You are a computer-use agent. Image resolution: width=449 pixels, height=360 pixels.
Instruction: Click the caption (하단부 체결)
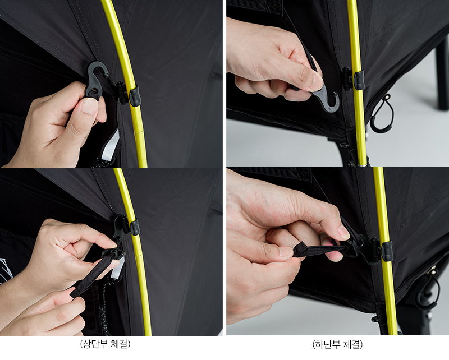pos(337,344)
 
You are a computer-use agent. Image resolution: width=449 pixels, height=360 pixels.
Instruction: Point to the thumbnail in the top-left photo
pos(89,106)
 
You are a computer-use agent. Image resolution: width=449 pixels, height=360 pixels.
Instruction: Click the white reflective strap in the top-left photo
pos(113,143)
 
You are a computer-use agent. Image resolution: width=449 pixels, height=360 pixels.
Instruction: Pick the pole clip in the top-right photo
pos(358,80)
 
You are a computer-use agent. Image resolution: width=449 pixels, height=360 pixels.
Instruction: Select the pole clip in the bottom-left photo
pos(135,227)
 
